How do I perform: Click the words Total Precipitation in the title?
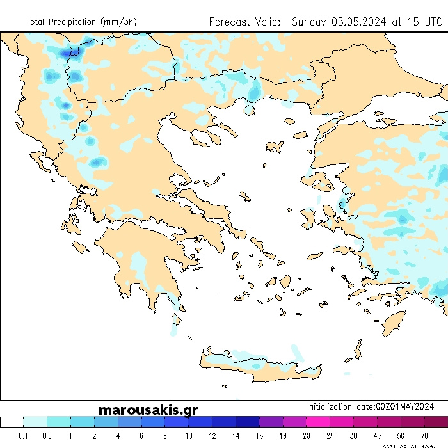(x=62, y=22)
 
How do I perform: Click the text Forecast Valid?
(x=245, y=22)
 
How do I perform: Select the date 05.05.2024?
(x=359, y=22)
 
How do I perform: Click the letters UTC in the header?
(x=429, y=22)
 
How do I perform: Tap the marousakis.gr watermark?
(x=148, y=410)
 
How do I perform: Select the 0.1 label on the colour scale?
(x=24, y=436)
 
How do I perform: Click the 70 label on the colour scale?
(x=424, y=436)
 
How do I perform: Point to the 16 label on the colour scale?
(x=259, y=436)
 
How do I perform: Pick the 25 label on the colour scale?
(x=330, y=436)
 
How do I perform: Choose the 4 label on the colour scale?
(x=118, y=436)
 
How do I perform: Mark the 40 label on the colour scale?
(x=378, y=436)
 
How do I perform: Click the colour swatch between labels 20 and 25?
(x=318, y=422)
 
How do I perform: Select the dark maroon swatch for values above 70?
(x=436, y=422)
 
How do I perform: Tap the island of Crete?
(x=256, y=365)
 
